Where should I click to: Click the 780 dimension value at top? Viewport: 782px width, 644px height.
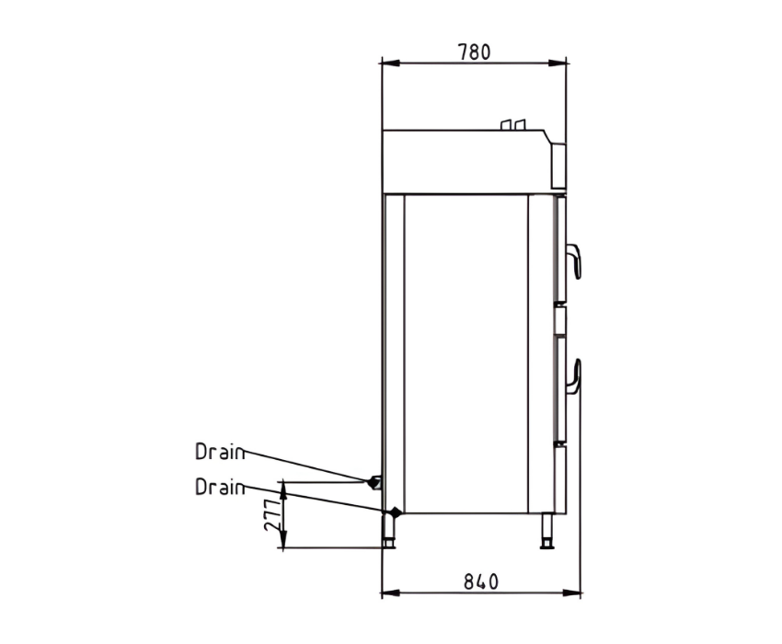(475, 52)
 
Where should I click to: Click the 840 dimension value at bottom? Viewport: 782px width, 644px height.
(481, 581)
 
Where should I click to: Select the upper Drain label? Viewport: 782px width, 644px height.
(220, 452)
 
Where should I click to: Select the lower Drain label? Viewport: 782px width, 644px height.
(220, 487)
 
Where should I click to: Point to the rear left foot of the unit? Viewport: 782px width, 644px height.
(388, 532)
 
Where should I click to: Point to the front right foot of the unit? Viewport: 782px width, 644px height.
(547, 532)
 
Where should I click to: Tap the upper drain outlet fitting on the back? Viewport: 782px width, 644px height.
(375, 482)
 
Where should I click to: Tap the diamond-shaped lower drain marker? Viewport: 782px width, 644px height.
(396, 512)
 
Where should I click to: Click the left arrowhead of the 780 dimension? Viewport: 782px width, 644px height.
(390, 63)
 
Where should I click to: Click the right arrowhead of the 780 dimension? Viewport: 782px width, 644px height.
(558, 63)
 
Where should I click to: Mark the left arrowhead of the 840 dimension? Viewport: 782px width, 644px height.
(390, 593)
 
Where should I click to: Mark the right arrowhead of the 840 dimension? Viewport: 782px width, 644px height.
(572, 593)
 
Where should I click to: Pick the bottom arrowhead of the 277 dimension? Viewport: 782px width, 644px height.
(283, 539)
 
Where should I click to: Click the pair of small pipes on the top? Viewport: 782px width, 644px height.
(513, 125)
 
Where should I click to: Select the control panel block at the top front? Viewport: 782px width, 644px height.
(558, 167)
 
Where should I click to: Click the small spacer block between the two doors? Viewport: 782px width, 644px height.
(560, 320)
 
